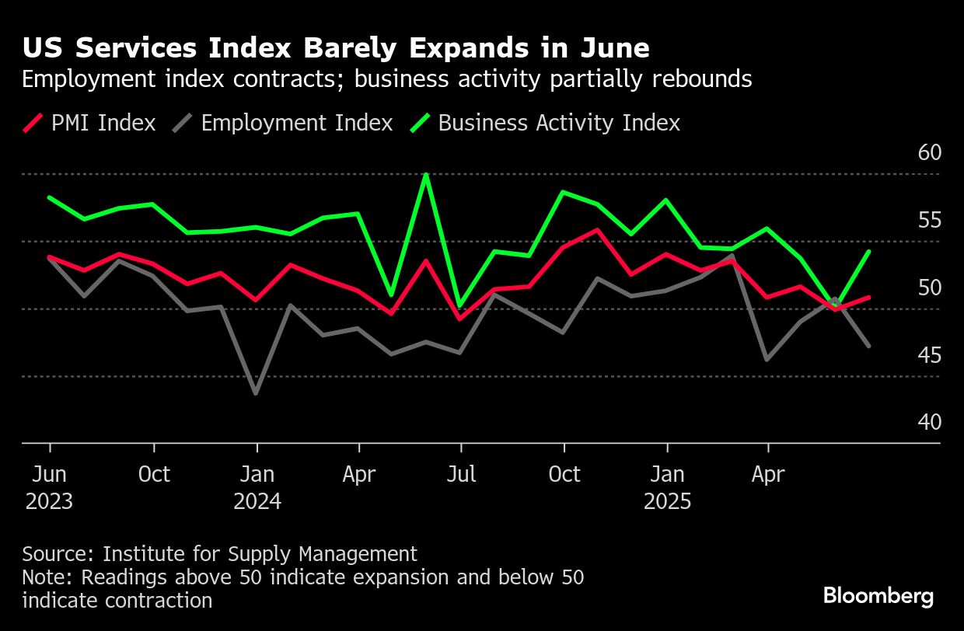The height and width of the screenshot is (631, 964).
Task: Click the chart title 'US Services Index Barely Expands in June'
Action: (x=335, y=48)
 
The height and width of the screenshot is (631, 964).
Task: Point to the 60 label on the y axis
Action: (x=929, y=152)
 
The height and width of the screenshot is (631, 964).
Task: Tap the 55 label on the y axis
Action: (x=929, y=220)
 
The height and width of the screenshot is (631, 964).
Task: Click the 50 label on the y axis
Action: (x=929, y=288)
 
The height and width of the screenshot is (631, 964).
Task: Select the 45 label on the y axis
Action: (x=929, y=355)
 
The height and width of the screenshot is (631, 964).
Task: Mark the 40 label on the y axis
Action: (x=929, y=422)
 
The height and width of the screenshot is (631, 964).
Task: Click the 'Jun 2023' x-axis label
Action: (x=50, y=487)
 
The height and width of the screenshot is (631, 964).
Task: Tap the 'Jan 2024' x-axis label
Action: (x=257, y=487)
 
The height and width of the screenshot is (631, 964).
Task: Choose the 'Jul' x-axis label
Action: (x=461, y=474)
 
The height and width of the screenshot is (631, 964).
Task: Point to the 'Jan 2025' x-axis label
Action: (x=667, y=487)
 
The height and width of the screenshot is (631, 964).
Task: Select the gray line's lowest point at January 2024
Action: (x=257, y=393)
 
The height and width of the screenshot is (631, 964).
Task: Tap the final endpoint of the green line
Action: (x=869, y=252)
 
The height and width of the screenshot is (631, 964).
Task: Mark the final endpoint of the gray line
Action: (x=869, y=346)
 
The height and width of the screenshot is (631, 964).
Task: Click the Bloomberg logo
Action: (x=878, y=596)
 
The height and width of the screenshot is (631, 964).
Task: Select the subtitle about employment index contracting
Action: (x=386, y=79)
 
